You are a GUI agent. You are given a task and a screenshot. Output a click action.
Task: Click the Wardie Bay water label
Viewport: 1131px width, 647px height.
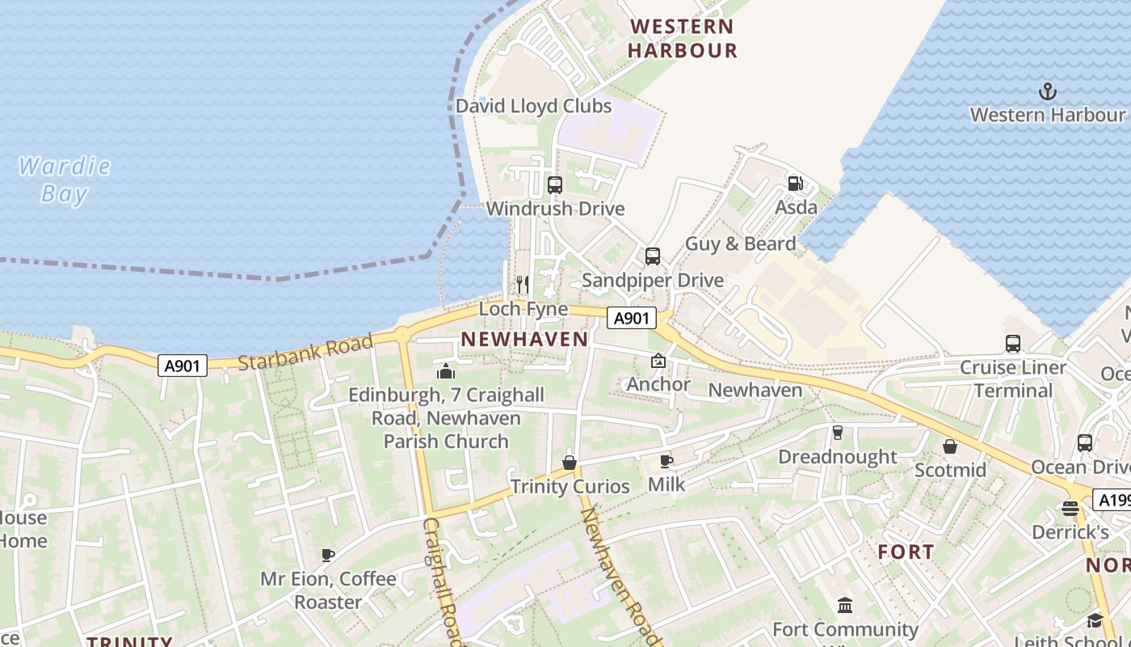pos(65,180)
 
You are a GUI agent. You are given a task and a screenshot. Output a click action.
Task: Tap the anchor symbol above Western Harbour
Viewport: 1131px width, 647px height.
pos(1048,91)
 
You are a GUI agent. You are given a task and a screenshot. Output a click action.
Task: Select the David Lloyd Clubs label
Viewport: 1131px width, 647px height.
pos(533,106)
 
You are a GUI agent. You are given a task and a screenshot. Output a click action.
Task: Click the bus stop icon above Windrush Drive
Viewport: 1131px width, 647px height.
pos(554,185)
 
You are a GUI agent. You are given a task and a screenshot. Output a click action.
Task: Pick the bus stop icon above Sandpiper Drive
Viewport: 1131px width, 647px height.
pos(652,256)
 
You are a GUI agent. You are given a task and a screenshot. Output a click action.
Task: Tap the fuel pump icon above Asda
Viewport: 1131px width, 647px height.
pos(796,184)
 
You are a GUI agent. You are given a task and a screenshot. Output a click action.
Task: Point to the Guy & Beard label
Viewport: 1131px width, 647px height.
pos(740,243)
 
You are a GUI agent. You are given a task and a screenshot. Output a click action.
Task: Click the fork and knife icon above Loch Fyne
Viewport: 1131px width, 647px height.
pos(523,285)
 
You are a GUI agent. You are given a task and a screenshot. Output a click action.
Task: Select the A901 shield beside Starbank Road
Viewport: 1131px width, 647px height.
pos(182,366)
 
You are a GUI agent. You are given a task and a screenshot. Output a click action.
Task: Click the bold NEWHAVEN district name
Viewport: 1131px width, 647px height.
pos(524,340)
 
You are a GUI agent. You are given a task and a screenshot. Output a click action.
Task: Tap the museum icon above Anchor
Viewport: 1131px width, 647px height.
pos(658,361)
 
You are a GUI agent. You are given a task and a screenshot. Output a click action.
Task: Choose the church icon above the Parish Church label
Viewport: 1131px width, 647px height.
pos(445,371)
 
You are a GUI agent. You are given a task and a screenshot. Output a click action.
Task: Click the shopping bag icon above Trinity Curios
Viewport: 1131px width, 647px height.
pos(570,463)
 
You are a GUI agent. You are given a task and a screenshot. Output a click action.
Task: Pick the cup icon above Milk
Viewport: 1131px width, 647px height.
pos(666,461)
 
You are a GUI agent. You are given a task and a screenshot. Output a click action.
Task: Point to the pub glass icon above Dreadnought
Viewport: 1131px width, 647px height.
pos(837,433)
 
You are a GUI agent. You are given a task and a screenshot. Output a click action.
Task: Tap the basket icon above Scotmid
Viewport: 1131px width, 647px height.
pos(950,446)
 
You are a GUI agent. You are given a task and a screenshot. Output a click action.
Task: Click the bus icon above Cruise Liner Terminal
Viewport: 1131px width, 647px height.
pos(1012,344)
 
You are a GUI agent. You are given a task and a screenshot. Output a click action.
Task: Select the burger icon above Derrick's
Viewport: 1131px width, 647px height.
pos(1070,509)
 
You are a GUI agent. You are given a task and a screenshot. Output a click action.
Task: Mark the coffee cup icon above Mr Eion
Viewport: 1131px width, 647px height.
pos(328,555)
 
